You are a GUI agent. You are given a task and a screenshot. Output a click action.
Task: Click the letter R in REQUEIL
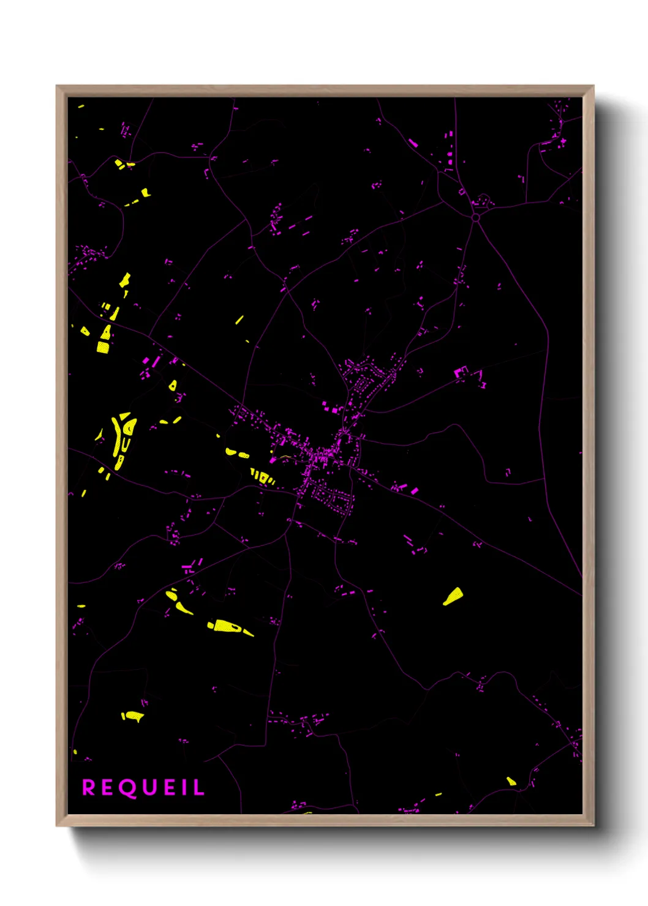click(89, 788)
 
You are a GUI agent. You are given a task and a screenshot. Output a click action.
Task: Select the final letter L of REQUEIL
click(198, 788)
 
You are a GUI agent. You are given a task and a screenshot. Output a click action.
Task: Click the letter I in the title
click(186, 788)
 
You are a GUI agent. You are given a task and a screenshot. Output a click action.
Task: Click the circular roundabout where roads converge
click(476, 217)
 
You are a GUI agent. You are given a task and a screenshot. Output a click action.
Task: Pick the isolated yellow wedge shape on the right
click(453, 596)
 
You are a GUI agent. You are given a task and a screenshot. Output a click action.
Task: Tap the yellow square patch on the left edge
click(103, 347)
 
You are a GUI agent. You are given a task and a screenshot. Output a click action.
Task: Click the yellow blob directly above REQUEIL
click(132, 716)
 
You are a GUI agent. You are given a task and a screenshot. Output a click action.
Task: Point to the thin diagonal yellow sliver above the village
click(239, 320)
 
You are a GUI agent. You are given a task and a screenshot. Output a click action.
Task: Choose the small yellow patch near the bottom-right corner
click(511, 781)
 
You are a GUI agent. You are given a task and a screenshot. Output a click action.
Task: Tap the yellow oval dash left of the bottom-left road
click(81, 606)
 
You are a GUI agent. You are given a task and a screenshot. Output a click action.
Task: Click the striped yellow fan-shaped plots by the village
click(263, 477)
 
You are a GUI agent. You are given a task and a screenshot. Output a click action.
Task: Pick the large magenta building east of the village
click(461, 372)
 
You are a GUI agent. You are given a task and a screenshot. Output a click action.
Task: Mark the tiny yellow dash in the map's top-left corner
click(81, 107)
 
